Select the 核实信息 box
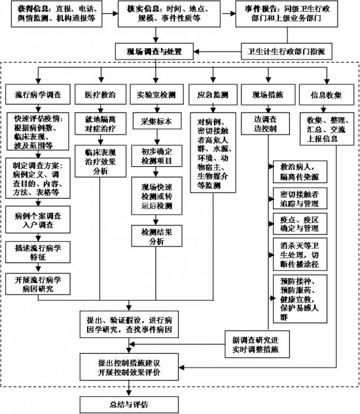(169, 15)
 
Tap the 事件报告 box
(293, 15)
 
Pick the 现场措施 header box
(267, 95)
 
